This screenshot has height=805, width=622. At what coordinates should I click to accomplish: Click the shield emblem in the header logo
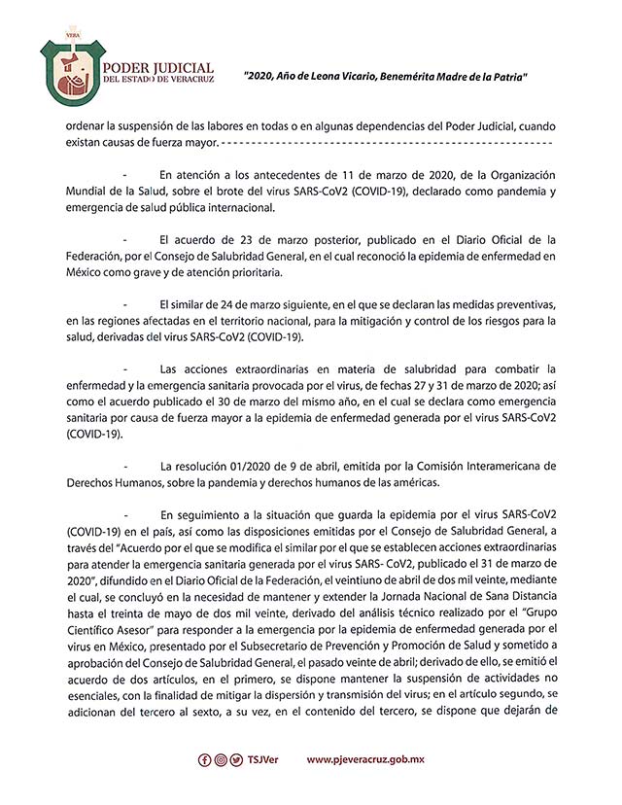point(69,75)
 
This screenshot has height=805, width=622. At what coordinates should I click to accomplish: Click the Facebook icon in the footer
point(203,759)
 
